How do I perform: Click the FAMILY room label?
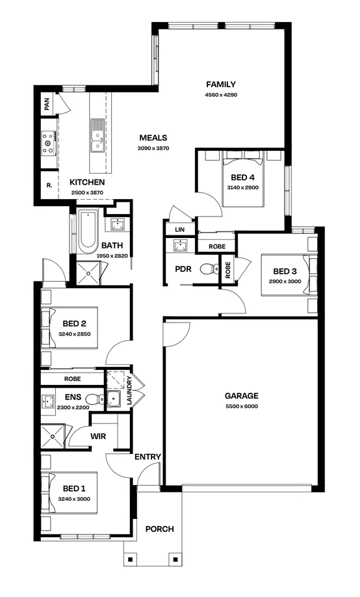(x=220, y=85)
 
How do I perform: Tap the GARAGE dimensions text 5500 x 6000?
(x=241, y=406)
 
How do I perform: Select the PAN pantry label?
(x=47, y=103)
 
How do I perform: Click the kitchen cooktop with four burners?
(x=48, y=143)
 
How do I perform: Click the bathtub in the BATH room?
(x=87, y=232)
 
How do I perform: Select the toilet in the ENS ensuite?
(x=92, y=399)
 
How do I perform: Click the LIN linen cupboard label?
(x=180, y=230)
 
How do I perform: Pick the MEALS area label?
(x=153, y=138)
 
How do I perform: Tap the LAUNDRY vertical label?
(x=129, y=392)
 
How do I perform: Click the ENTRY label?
(x=148, y=457)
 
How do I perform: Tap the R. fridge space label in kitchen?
(x=49, y=185)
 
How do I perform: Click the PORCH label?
(x=159, y=529)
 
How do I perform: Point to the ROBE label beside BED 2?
(x=72, y=378)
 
